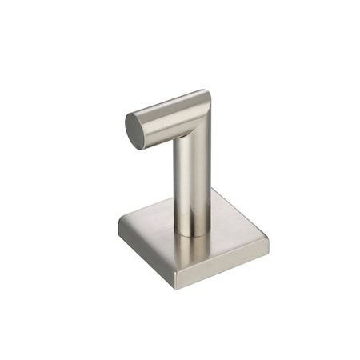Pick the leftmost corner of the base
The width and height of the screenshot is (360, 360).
119,226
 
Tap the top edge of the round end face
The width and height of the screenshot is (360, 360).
133,114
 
